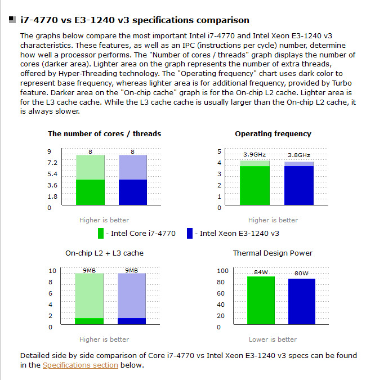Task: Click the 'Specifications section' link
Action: [81, 365]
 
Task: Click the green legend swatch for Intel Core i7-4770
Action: [101, 233]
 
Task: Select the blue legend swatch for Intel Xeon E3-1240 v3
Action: [190, 233]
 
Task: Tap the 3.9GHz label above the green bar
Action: [255, 154]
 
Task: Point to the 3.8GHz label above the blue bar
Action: [299, 155]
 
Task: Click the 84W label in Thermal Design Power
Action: [261, 272]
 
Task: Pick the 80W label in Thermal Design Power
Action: [302, 274]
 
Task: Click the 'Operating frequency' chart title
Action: [273, 134]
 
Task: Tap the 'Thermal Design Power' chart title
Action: [273, 253]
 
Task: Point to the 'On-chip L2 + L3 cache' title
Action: [104, 253]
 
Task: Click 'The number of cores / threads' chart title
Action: [104, 134]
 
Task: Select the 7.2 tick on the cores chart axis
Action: [52, 162]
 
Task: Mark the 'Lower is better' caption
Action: [273, 339]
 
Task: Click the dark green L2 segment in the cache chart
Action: [90, 321]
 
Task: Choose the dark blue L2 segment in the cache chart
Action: [132, 321]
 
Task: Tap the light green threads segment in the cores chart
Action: [90, 167]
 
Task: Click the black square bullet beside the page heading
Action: [12, 20]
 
